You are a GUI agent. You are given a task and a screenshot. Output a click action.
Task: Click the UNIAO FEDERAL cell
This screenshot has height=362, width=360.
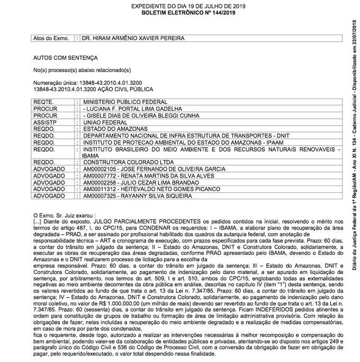click(x=103, y=121)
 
